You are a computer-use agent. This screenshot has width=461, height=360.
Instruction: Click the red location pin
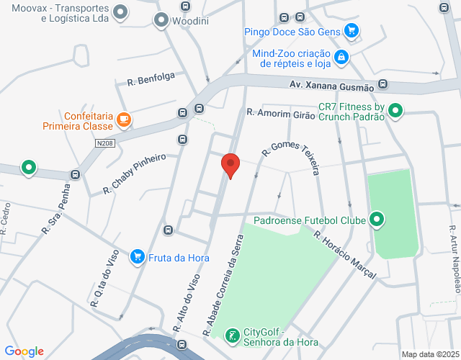pyautogui.click(x=230, y=165)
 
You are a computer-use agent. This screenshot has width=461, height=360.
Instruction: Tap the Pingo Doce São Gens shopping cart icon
pyautogui.click(x=352, y=30)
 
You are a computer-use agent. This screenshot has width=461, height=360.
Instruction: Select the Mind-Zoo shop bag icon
pyautogui.click(x=341, y=57)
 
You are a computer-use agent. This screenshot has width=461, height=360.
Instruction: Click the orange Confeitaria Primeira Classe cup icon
pyautogui.click(x=124, y=120)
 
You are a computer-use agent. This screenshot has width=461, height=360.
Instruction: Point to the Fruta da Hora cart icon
pyautogui.click(x=137, y=256)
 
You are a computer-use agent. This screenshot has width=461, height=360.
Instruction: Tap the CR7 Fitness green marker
pyautogui.click(x=395, y=111)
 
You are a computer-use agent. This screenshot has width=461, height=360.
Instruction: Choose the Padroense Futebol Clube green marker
pyautogui.click(x=376, y=220)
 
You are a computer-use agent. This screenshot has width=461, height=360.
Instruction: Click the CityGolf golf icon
pyautogui.click(x=233, y=336)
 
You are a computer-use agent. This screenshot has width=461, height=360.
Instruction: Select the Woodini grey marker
pyautogui.click(x=161, y=21)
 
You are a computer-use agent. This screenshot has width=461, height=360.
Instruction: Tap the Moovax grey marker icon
pyautogui.click(x=121, y=12)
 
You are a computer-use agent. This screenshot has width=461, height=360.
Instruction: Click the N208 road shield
pyautogui.click(x=104, y=143)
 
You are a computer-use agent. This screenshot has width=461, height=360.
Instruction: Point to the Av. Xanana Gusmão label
pyautogui.click(x=331, y=86)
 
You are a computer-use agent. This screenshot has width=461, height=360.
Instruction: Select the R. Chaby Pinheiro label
pyautogui.click(x=135, y=174)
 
